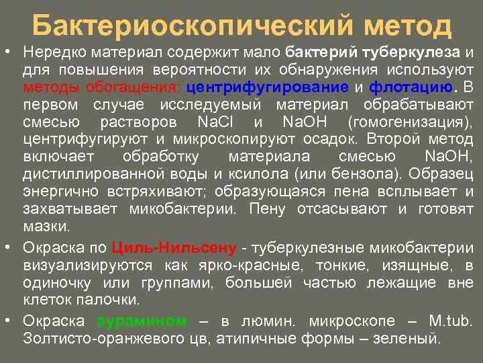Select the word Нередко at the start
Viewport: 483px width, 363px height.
click(x=48, y=52)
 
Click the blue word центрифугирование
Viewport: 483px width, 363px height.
click(x=267, y=87)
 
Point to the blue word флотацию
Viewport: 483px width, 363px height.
click(x=411, y=87)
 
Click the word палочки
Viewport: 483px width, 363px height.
click(x=115, y=299)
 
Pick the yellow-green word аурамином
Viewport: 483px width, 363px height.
click(x=142, y=321)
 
